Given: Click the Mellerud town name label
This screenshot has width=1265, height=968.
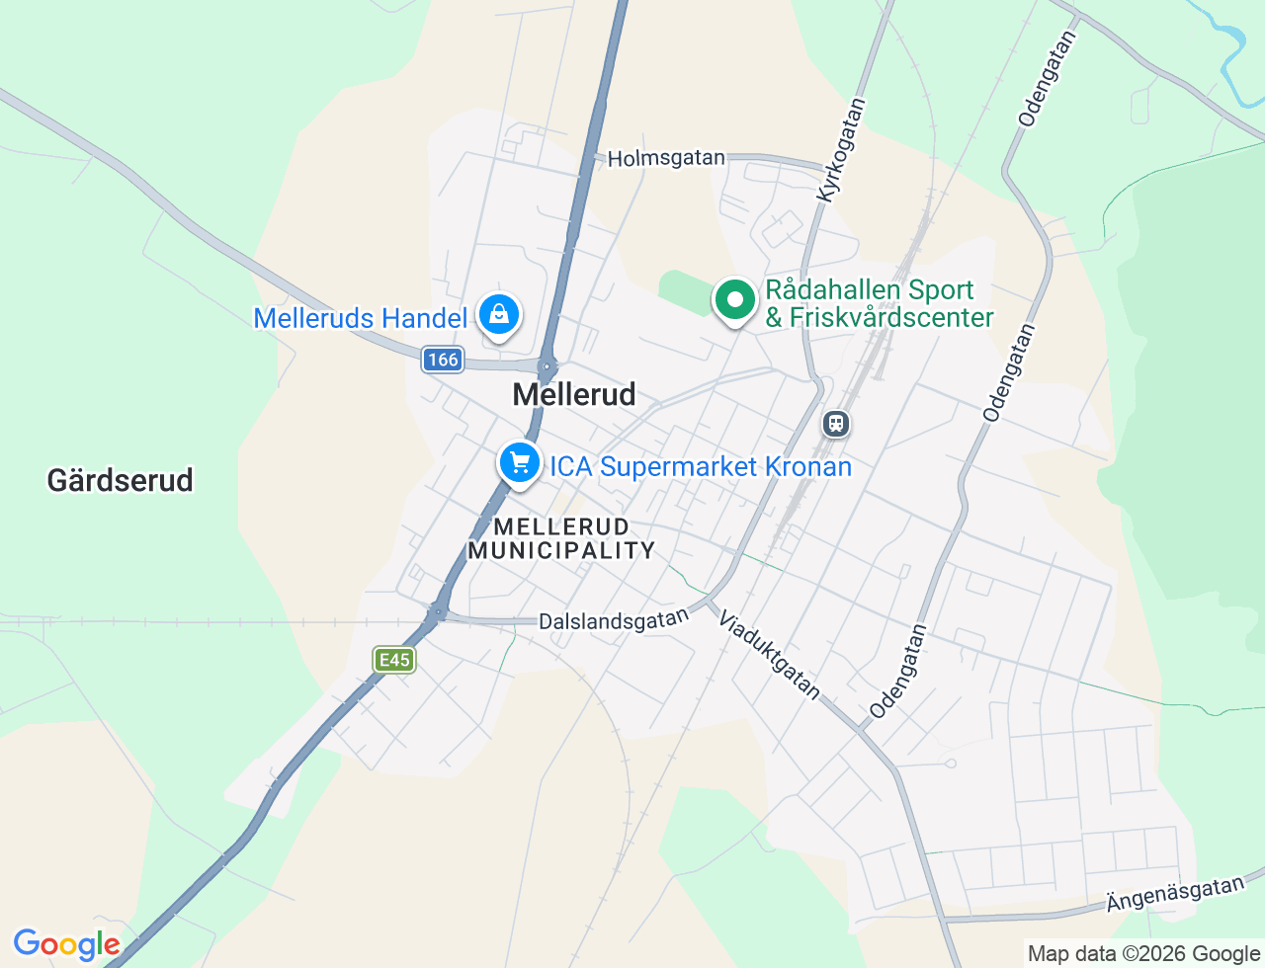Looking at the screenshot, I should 574,394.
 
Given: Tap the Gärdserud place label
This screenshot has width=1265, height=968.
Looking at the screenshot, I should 120,480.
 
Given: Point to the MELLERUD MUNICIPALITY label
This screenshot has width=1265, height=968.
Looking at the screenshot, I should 561,538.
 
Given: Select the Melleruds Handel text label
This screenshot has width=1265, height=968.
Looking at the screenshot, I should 360,318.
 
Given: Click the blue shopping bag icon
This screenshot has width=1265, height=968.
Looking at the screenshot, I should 499,314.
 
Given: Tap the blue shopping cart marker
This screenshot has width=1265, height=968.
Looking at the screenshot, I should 520,462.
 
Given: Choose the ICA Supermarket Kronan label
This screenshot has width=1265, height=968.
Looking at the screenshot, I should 701,466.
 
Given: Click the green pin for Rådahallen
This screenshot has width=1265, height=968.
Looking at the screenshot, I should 734,299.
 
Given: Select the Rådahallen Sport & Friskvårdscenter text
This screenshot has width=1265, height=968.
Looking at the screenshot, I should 879,303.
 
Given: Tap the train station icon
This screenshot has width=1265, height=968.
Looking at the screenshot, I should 836,425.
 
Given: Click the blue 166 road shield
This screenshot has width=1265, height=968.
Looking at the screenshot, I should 443,360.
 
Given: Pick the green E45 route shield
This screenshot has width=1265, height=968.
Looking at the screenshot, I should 394,660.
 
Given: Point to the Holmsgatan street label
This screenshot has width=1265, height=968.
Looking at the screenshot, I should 666,158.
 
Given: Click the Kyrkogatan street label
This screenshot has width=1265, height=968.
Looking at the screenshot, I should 841,150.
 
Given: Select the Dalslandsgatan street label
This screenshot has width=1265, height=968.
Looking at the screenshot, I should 614,620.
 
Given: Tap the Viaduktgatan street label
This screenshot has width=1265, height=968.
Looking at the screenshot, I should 769,654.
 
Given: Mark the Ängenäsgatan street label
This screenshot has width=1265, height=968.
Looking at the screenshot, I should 1175,894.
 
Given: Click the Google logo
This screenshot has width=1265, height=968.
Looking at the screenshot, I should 66,944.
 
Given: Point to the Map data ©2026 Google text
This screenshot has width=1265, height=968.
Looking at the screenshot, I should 1143,953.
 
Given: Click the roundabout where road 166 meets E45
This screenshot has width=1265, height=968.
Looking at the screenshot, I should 547,366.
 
